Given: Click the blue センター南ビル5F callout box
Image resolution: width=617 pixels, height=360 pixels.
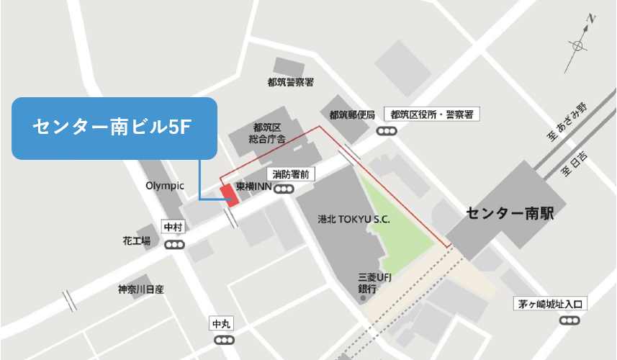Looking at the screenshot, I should coord(114,128).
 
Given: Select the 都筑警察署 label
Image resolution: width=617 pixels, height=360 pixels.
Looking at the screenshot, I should coord(290,82).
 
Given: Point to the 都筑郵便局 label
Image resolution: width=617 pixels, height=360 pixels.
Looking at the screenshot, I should coord(353,114).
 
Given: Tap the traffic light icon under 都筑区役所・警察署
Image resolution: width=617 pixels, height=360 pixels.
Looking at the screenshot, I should coord(387,131).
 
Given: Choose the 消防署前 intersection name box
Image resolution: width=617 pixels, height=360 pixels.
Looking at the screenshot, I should coord(292,174).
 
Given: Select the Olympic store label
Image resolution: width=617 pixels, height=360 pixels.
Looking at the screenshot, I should coord(165,185).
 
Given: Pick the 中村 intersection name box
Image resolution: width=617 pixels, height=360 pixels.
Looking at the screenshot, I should coord(174,228).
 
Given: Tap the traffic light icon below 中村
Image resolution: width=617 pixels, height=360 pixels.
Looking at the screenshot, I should coord(174,245).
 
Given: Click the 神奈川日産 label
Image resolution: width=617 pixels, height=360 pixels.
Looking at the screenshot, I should coord(142,289).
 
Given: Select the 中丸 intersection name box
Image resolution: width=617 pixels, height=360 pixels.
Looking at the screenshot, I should coord(221,323).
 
